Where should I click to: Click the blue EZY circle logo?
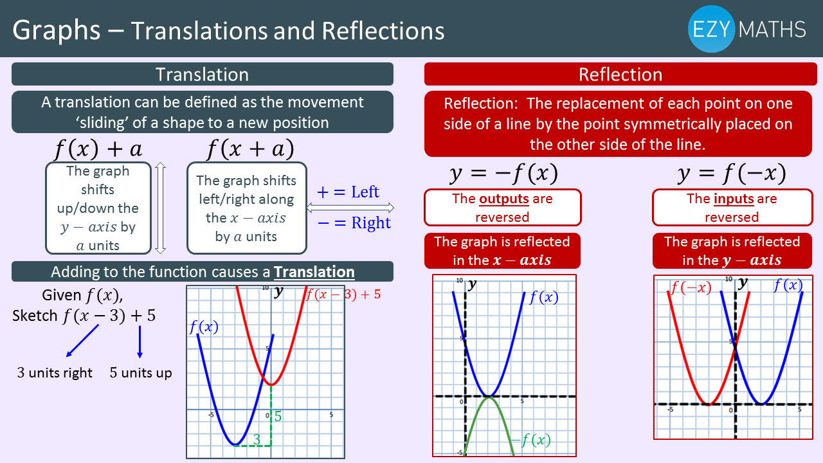pyautogui.click(x=711, y=29)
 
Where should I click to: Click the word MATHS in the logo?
pyautogui.click(x=772, y=30)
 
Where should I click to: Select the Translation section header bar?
pyautogui.click(x=203, y=74)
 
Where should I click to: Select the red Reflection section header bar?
pyautogui.click(x=620, y=74)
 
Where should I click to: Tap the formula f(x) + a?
pyautogui.click(x=98, y=149)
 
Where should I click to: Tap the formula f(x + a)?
pyautogui.click(x=251, y=149)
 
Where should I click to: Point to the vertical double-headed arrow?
pyautogui.click(x=160, y=208)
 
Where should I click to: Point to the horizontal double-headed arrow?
pyautogui.click(x=350, y=208)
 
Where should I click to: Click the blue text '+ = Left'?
pyautogui.click(x=348, y=192)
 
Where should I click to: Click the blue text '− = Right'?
pyautogui.click(x=354, y=222)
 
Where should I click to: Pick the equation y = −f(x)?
pyautogui.click(x=503, y=173)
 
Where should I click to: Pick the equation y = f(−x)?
pyautogui.click(x=732, y=173)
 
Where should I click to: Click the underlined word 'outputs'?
pyautogui.click(x=504, y=199)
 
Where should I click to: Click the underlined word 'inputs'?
pyautogui.click(x=734, y=199)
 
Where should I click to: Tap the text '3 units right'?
pyautogui.click(x=55, y=372)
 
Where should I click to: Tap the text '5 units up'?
pyautogui.click(x=141, y=372)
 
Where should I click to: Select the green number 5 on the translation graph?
pyautogui.click(x=278, y=416)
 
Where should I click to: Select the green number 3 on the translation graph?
pyautogui.click(x=257, y=439)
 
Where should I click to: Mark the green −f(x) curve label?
pyautogui.click(x=531, y=439)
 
